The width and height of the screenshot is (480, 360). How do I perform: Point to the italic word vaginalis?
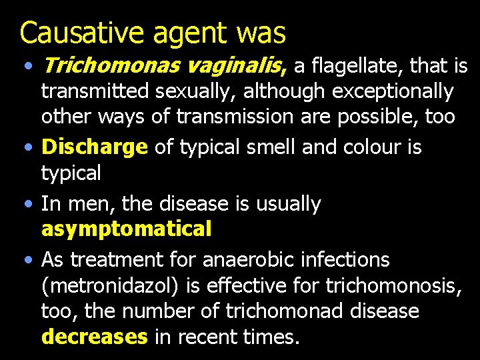point(230,66)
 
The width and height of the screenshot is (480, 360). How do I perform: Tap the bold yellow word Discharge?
point(93,147)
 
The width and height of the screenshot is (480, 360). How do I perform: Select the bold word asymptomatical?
point(126,229)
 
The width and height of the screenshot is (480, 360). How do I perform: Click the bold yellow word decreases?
point(94,337)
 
